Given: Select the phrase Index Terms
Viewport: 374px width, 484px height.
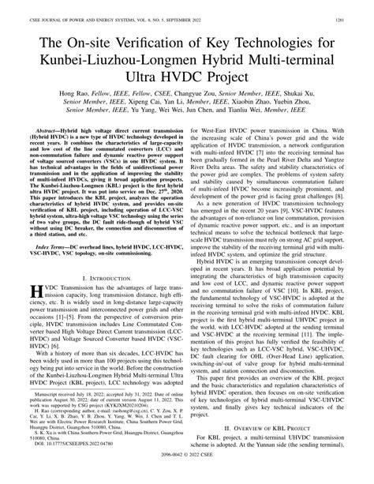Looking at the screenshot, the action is pos(45,227).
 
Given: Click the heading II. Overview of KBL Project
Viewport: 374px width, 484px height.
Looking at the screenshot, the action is pos(281,440).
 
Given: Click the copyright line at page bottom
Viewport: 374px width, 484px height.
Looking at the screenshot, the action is pos(187,478).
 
